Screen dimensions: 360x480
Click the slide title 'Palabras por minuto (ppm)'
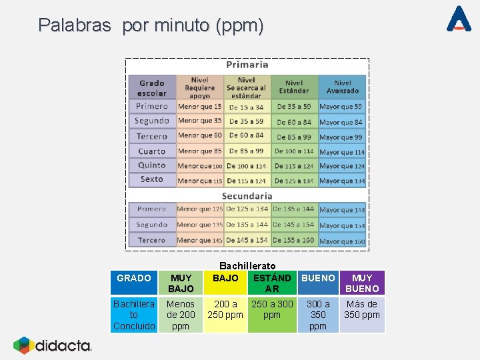(151, 26)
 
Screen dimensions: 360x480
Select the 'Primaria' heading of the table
(247, 65)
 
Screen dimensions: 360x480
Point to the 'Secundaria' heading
(247, 196)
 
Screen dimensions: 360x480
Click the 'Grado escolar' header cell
(152, 88)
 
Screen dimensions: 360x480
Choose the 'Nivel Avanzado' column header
(342, 87)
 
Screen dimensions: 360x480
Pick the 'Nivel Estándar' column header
(294, 87)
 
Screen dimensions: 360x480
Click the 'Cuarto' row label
(152, 151)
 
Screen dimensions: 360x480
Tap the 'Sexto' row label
(152, 180)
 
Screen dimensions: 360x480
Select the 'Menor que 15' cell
(199, 107)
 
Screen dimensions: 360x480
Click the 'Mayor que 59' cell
(341, 107)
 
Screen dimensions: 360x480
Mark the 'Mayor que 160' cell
(341, 241)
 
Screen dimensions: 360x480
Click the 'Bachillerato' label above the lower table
(247, 266)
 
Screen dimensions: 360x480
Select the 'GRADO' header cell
(133, 278)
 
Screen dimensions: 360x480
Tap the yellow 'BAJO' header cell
(225, 278)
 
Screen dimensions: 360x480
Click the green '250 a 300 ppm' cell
(272, 309)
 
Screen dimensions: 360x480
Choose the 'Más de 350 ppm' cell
(362, 309)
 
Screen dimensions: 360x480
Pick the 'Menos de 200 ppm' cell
(181, 315)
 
